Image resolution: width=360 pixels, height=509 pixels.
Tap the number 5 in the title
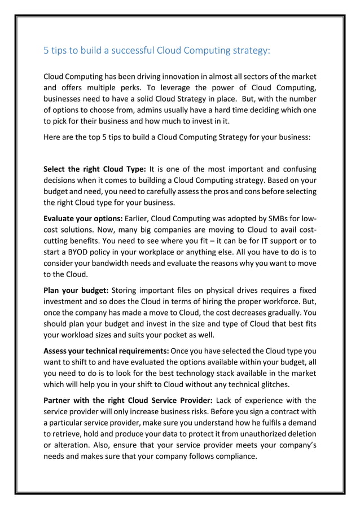pos(46,51)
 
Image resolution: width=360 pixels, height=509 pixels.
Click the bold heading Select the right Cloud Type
pos(95,169)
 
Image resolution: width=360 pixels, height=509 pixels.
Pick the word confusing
pos(296,169)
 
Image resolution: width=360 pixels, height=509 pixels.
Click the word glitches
pos(269,385)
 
